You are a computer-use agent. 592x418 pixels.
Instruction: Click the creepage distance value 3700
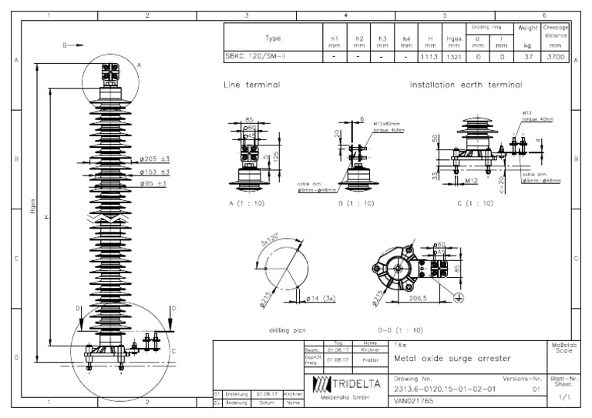tap(555, 56)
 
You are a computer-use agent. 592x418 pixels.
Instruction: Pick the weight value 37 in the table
tap(527, 56)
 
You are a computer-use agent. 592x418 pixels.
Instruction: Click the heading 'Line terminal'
tap(251, 84)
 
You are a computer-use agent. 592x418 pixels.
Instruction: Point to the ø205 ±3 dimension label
tap(154, 159)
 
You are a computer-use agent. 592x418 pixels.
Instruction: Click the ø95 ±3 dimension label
tap(153, 184)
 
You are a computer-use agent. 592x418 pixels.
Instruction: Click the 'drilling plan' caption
tap(288, 329)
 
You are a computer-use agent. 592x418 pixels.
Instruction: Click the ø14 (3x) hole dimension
tap(318, 297)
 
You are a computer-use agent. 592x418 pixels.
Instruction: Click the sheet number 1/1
tap(563, 396)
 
